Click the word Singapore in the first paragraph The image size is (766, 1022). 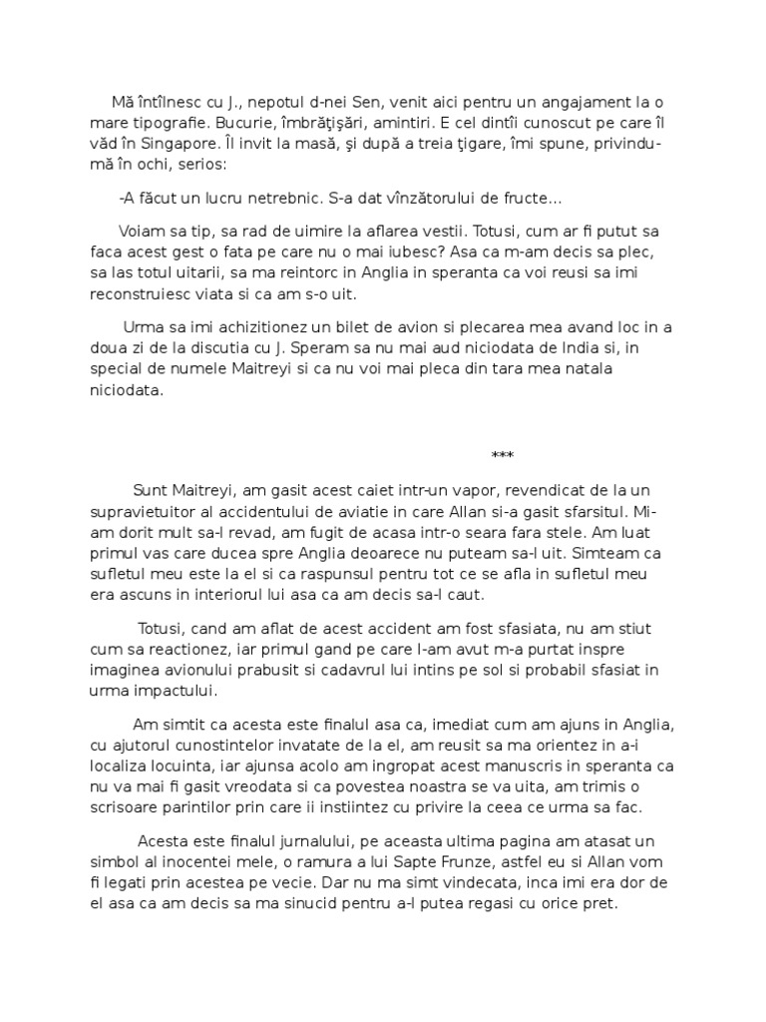tap(156, 144)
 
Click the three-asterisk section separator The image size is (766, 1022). tap(503, 457)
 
